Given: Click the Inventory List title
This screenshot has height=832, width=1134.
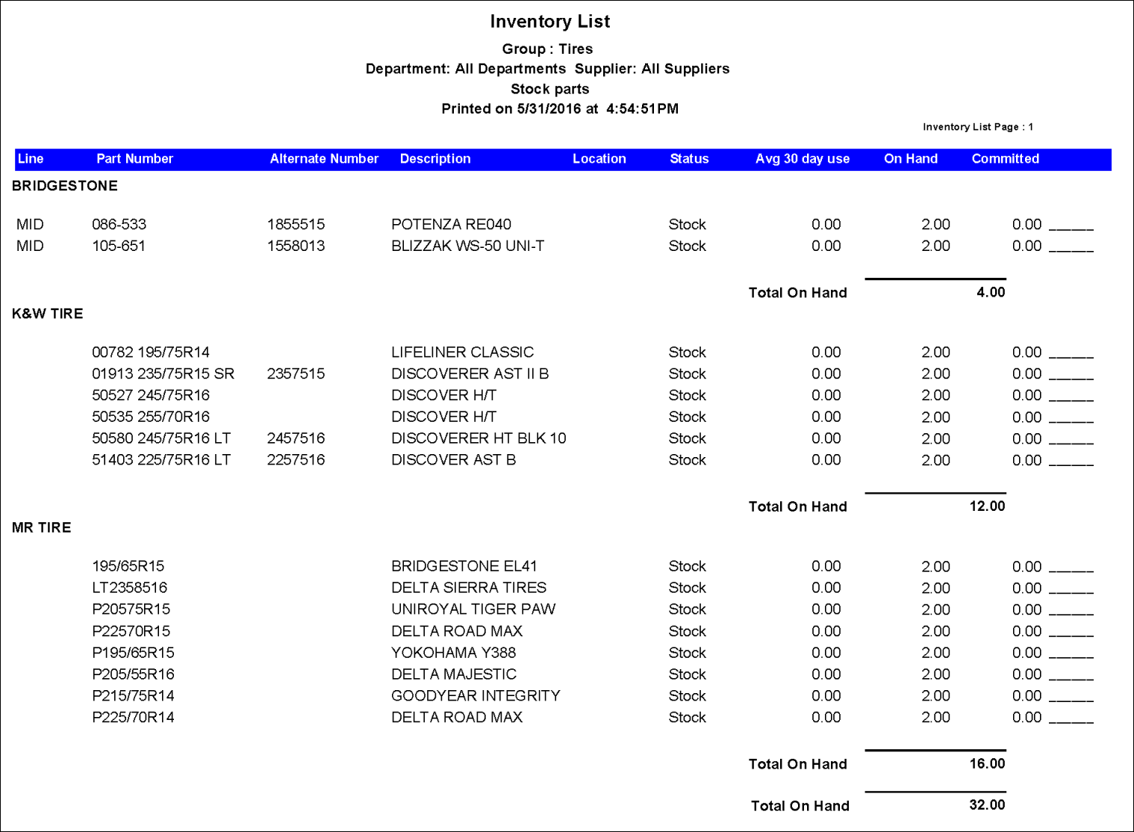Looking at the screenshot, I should [550, 22].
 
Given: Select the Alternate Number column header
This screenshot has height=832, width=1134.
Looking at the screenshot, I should [324, 159].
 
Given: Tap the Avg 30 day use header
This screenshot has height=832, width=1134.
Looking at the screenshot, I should [803, 159].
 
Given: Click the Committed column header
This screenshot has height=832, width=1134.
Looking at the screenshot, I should [1005, 159].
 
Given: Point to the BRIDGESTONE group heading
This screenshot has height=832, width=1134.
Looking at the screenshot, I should [65, 186].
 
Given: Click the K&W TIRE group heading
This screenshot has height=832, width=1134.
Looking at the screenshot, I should [48, 314].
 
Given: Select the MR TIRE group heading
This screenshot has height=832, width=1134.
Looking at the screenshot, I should [42, 528].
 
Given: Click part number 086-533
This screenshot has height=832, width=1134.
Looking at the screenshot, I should [119, 225].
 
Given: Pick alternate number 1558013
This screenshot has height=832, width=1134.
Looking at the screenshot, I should [296, 246].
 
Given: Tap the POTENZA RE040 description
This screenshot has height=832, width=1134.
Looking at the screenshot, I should [451, 225].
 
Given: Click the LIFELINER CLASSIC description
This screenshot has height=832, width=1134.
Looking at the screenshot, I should [462, 353].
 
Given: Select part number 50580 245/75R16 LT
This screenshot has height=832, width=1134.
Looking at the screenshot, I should [161, 438].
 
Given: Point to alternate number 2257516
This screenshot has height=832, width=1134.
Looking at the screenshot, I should [296, 460].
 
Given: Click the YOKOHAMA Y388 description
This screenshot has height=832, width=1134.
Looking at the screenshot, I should [453, 653].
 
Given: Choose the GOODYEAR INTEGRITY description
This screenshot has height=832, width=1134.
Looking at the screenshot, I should [476, 696].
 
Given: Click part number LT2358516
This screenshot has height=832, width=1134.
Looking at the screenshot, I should [129, 588].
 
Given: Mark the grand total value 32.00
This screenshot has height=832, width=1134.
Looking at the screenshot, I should [987, 805].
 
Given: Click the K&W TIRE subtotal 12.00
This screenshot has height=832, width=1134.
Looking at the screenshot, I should [987, 506].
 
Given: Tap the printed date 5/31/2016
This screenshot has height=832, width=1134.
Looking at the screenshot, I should [549, 109].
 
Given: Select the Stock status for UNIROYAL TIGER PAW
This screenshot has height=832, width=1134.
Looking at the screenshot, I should [687, 609].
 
